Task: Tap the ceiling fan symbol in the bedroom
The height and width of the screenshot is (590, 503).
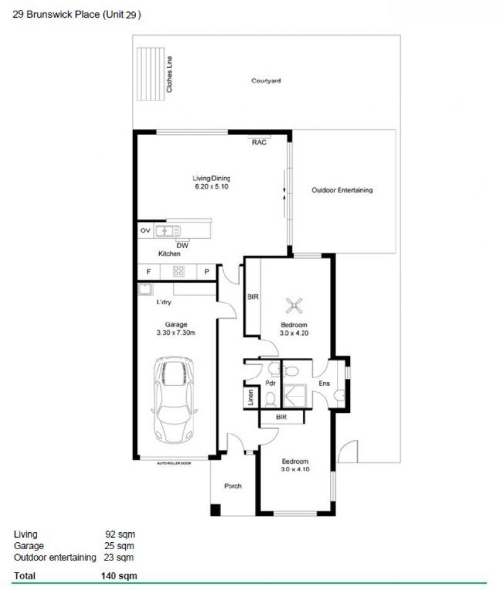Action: (x=293, y=305)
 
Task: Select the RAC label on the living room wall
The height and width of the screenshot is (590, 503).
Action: (x=259, y=143)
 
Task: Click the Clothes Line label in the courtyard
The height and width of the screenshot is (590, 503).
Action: (x=169, y=75)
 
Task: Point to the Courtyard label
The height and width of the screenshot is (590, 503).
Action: (x=265, y=81)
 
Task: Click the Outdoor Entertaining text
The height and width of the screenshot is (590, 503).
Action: (x=342, y=190)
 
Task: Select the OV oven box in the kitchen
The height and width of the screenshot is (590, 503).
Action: (x=146, y=231)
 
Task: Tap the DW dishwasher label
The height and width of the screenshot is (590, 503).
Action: (x=182, y=246)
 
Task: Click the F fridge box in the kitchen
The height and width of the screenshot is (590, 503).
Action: (x=148, y=272)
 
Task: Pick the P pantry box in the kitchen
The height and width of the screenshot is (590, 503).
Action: (x=206, y=272)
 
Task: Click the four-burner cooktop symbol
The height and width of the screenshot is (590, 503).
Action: (x=179, y=272)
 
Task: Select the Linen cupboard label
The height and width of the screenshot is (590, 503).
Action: (x=250, y=398)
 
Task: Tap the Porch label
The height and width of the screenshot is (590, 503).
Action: (x=233, y=486)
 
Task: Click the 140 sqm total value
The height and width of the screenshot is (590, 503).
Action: (x=119, y=576)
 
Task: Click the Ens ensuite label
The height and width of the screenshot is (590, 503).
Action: (x=324, y=384)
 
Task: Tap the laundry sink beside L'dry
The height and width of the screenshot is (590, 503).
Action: (x=145, y=289)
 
